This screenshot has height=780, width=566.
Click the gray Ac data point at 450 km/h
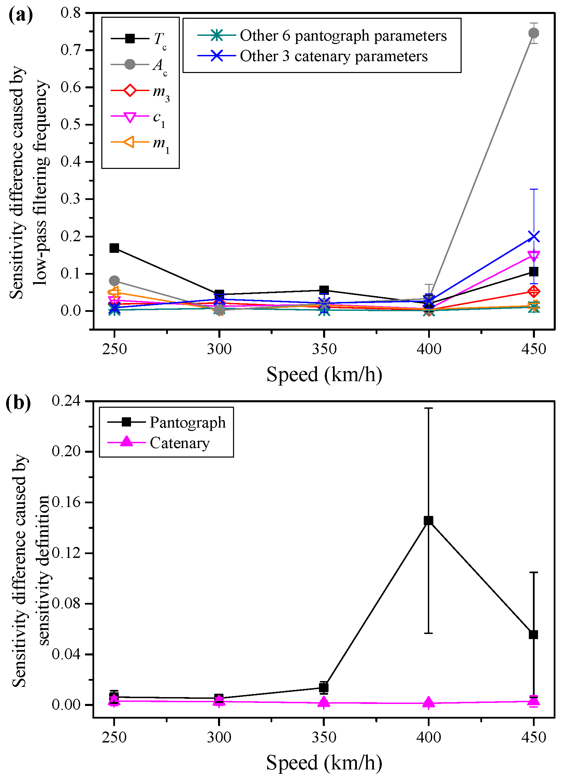(533, 33)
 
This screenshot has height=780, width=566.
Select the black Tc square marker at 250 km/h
(114, 248)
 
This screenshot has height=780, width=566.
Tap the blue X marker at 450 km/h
(533, 236)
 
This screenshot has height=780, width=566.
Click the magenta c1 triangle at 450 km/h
(533, 256)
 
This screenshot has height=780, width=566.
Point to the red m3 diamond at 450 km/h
(533, 292)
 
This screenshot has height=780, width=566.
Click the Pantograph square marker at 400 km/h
(428, 520)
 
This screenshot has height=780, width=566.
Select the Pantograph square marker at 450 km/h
(533, 635)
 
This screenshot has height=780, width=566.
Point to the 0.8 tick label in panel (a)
(71, 13)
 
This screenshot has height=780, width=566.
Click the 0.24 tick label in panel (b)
(66, 401)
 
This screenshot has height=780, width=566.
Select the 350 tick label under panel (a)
(324, 349)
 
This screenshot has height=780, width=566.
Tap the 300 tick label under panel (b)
(219, 737)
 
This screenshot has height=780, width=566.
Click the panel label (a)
(20, 15)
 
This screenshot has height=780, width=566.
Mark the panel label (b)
(18, 403)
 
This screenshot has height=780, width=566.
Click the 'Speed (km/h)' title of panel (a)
(324, 374)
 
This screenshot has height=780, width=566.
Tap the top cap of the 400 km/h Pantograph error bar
(428, 408)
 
